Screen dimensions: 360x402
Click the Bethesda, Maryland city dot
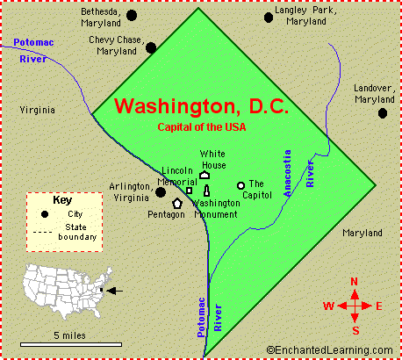132,15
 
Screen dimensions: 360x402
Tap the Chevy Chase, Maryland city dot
151,48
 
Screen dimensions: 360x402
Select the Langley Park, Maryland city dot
268,17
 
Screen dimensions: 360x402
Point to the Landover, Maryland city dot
383,112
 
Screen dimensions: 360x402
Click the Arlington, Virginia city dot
161,191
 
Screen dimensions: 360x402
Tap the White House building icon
204,176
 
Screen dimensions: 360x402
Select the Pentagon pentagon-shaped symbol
177,204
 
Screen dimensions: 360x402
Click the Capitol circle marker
240,185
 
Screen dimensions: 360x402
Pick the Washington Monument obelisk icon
207,190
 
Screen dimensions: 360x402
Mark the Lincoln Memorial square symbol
190,190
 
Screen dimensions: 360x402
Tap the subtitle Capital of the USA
201,127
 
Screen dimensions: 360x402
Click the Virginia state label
36,110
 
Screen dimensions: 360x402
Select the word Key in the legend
62,200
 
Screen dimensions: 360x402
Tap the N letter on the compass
354,282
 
